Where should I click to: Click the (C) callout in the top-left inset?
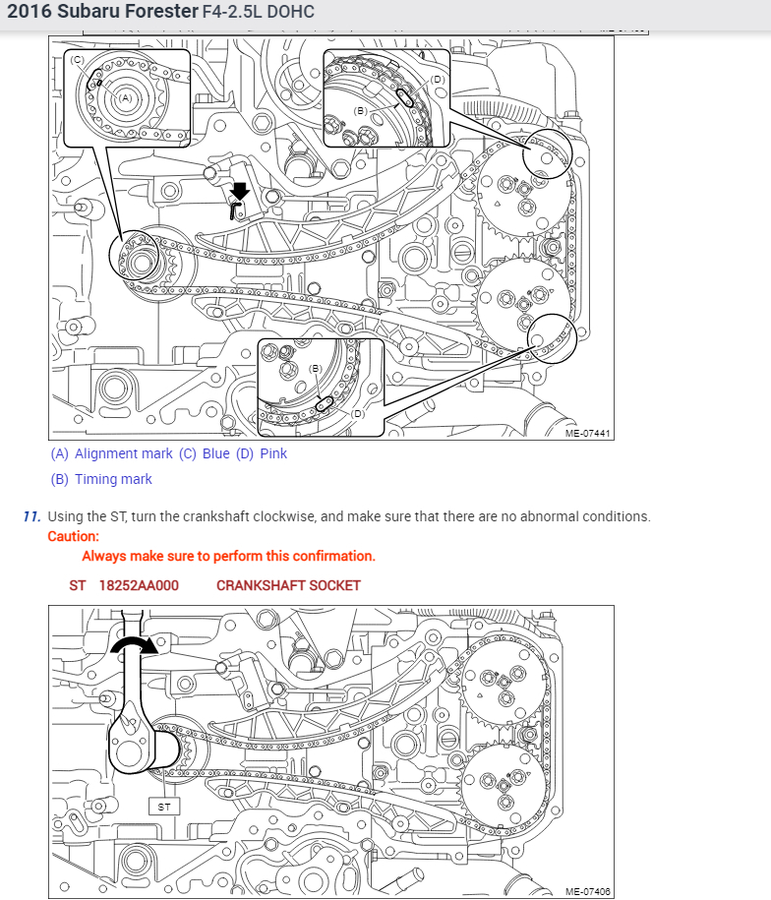tap(77, 60)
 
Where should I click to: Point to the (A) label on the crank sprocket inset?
tap(126, 98)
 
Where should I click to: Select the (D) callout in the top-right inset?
tap(437, 80)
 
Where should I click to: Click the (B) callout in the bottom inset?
tap(316, 368)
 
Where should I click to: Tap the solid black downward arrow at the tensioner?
tap(240, 191)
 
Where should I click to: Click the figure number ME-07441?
tap(587, 434)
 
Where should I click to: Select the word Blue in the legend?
tap(216, 453)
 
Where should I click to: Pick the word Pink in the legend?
tap(273, 453)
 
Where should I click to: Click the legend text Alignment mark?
tap(123, 454)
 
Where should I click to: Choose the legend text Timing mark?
tap(114, 479)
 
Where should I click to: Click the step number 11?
tap(32, 516)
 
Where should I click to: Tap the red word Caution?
tap(73, 536)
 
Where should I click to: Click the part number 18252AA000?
tap(139, 585)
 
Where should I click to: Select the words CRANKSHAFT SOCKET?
tap(288, 585)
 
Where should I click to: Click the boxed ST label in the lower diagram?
tap(164, 807)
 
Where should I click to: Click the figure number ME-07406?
tap(587, 891)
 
